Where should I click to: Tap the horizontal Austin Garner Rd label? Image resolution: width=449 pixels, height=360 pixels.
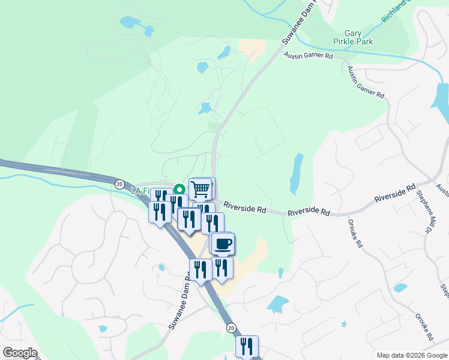tap(309, 56)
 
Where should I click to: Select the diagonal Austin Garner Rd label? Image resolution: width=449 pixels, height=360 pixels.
tap(366, 83)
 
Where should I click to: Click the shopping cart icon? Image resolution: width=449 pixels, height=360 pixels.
tap(201, 189)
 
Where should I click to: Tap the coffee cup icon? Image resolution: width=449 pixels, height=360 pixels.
tap(223, 244)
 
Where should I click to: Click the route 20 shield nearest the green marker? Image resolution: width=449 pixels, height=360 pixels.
tap(119, 184)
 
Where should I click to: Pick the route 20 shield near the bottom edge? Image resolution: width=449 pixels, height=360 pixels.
tap(231, 328)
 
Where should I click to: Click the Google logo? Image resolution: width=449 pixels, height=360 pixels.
tap(20, 353)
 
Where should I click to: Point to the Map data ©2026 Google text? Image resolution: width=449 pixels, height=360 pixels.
tap(411, 355)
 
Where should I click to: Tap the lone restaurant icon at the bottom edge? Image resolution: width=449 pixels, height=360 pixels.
tap(247, 346)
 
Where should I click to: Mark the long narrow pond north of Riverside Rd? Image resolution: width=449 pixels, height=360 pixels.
tap(296, 173)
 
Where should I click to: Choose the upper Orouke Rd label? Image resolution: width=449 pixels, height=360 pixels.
tap(356, 233)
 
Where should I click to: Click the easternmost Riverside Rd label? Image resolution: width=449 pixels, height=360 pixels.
tap(394, 197)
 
